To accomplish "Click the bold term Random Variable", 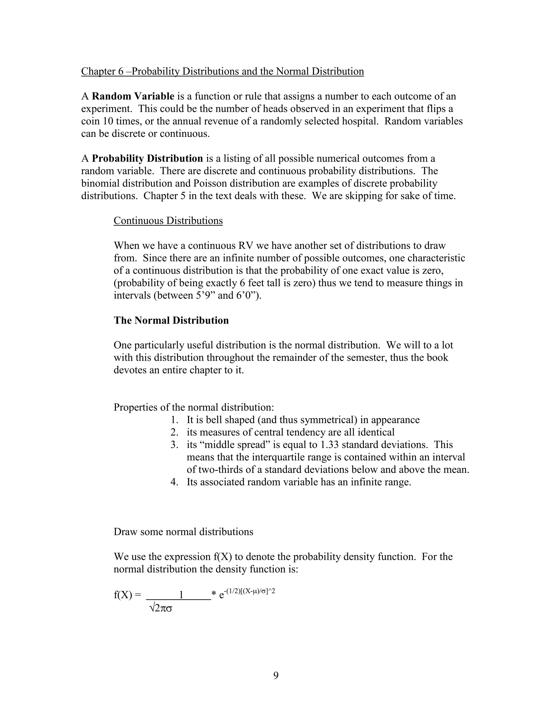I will [133, 96].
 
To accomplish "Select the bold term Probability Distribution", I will [147, 158].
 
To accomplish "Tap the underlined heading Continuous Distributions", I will [168, 221].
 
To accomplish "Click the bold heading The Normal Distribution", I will [171, 320].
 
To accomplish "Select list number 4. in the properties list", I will [174, 482].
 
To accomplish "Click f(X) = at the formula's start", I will [127, 595].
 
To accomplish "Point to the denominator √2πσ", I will [160, 608].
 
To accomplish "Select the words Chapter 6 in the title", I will [102, 71].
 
